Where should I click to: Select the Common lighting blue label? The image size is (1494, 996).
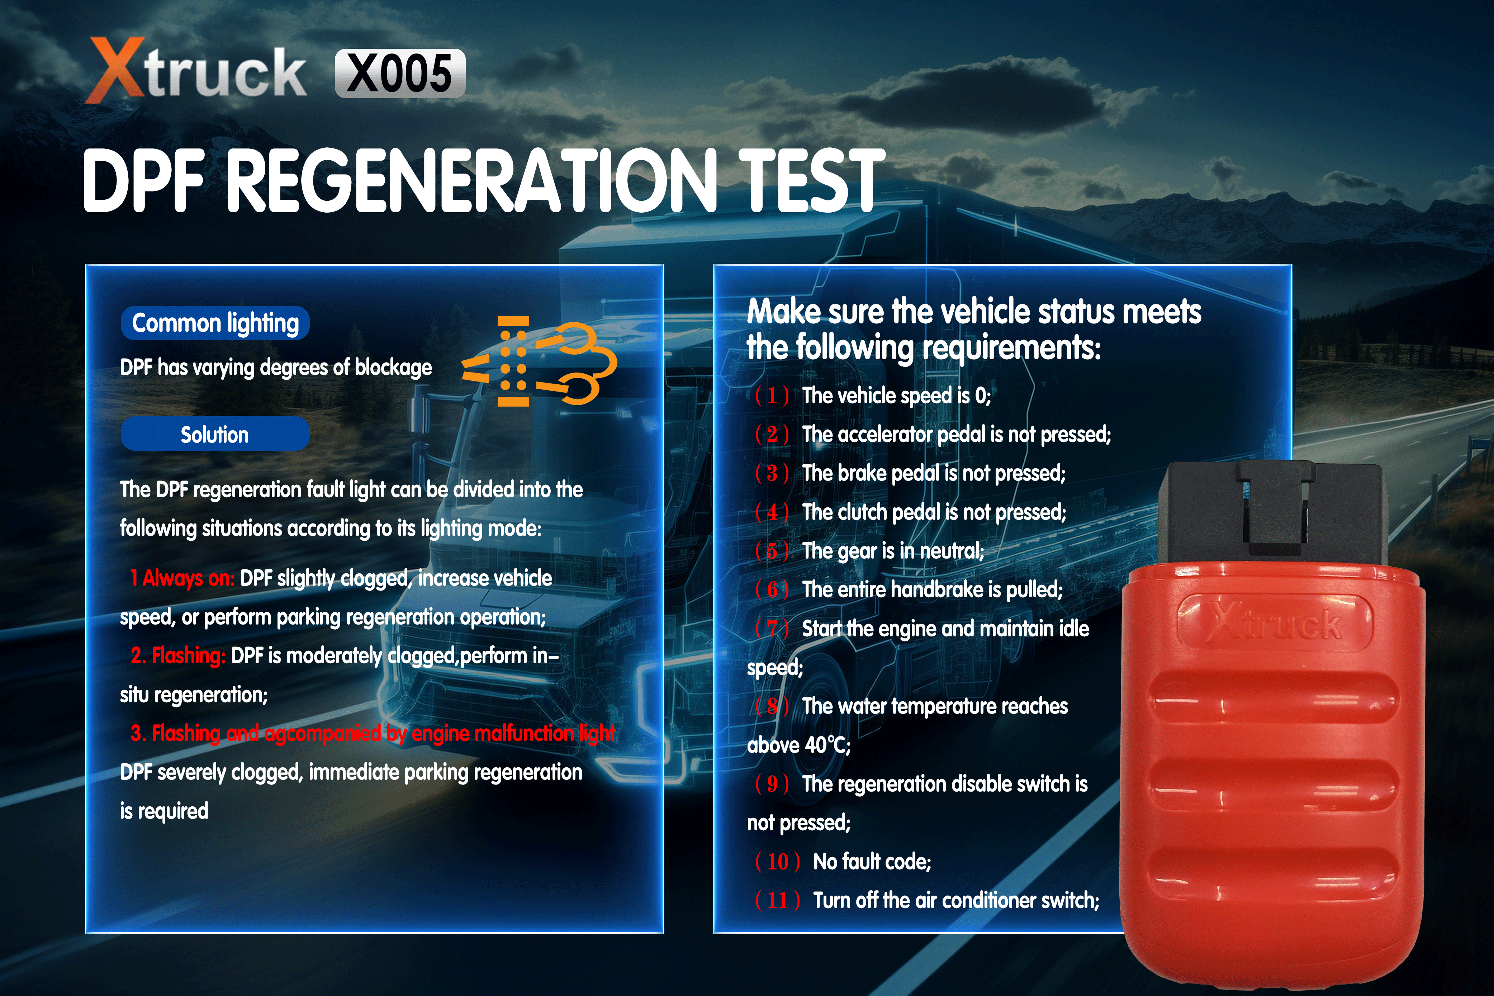tap(215, 323)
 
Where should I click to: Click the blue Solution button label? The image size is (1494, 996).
tap(215, 435)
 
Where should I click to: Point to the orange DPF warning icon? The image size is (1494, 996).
tap(540, 361)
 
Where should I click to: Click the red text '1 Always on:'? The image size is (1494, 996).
tap(182, 578)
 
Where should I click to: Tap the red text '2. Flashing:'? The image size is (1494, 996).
tap(178, 655)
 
